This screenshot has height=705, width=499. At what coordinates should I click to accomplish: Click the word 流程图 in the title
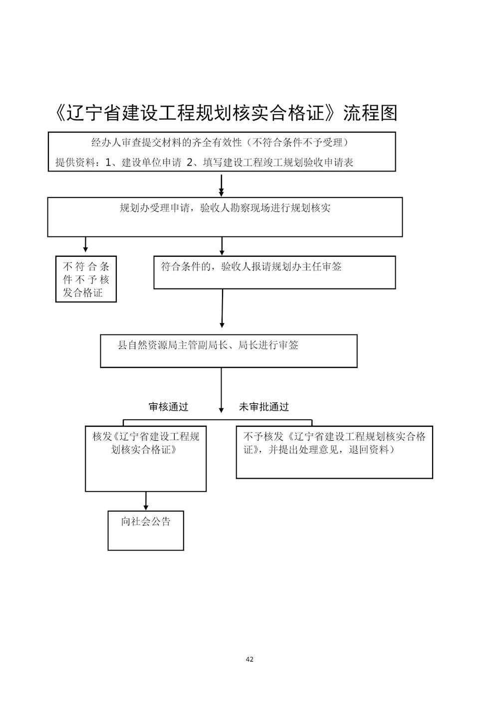pyautogui.click(x=370, y=113)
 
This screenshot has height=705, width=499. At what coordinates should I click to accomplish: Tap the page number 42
pyautogui.click(x=249, y=659)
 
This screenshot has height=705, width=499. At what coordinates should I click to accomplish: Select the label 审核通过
pyautogui.click(x=168, y=407)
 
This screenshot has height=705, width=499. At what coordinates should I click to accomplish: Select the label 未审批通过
pyautogui.click(x=263, y=407)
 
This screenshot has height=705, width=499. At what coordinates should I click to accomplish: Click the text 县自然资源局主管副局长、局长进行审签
pyautogui.click(x=208, y=345)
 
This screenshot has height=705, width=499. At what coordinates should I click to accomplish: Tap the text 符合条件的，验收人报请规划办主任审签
pyautogui.click(x=251, y=267)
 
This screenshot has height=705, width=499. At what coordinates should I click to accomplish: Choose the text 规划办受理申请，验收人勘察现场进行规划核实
pyautogui.click(x=225, y=208)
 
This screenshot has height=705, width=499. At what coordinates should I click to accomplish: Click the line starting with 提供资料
pyautogui.click(x=205, y=163)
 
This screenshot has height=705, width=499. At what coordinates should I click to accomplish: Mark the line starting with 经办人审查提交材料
pyautogui.click(x=220, y=143)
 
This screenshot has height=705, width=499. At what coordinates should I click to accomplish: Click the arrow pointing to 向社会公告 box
pyautogui.click(x=146, y=501)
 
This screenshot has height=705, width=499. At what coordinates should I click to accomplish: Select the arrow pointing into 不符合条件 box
pyautogui.click(x=85, y=244)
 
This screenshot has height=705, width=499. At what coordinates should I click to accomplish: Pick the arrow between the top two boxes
pyautogui.click(x=222, y=185)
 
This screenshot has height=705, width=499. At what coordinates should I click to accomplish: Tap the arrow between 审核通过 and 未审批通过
pyautogui.click(x=221, y=390)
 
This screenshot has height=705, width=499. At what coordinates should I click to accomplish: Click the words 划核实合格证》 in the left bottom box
pyautogui.click(x=144, y=449)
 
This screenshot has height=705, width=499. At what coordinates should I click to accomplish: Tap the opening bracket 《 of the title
pyautogui.click(x=59, y=113)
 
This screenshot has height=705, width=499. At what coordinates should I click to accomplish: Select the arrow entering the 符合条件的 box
pyautogui.click(x=222, y=246)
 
